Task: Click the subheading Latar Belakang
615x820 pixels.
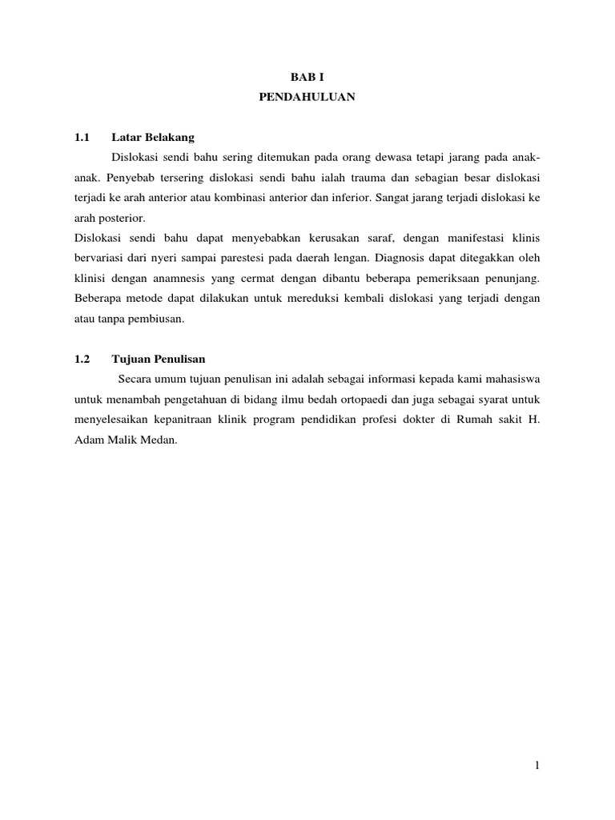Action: (153, 137)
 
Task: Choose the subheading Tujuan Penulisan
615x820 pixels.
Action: (159, 360)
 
